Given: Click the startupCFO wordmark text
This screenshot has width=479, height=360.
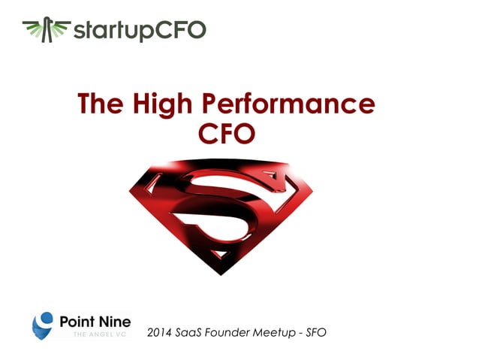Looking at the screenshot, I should pyautogui.click(x=139, y=32).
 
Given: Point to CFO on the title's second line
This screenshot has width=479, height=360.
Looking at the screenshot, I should pyautogui.click(x=226, y=134).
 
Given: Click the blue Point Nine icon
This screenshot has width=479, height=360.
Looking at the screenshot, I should pyautogui.click(x=44, y=324).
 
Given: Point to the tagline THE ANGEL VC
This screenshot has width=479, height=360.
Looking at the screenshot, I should pyautogui.click(x=95, y=334).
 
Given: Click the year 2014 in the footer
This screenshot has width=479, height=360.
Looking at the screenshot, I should pyautogui.click(x=160, y=331).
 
